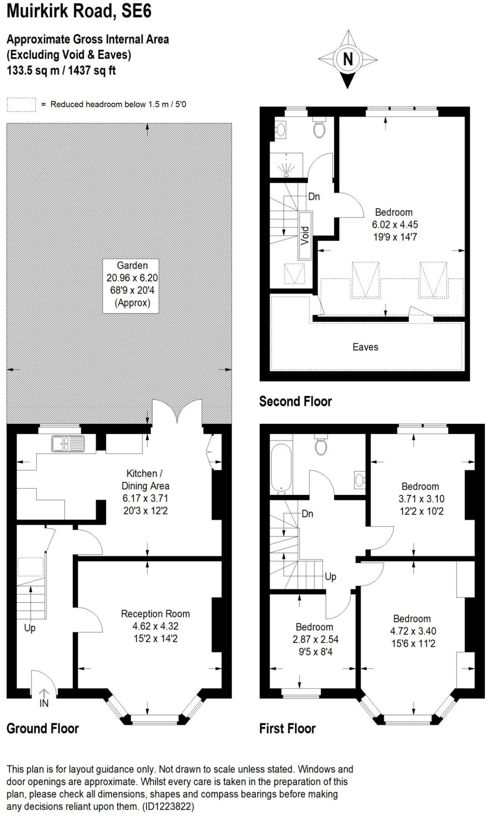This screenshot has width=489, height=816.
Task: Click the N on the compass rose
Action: (x=348, y=60)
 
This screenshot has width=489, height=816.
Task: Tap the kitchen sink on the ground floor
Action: (x=68, y=443)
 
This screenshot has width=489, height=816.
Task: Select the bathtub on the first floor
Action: (x=281, y=468)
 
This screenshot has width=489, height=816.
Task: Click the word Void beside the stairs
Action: (x=305, y=236)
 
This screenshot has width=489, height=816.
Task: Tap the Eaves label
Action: (x=365, y=347)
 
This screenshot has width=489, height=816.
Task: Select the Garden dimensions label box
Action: (x=131, y=286)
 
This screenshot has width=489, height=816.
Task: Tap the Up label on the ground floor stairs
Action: (x=30, y=628)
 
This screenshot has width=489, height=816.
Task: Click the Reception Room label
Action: (x=155, y=614)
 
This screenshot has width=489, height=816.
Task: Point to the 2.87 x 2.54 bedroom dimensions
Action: (x=315, y=639)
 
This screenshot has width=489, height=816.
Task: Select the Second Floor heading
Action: (x=295, y=401)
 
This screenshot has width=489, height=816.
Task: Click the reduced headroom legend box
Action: (x=21, y=104)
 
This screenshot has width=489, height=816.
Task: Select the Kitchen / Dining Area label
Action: (x=145, y=480)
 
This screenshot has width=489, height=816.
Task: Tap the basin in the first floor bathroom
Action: (x=359, y=480)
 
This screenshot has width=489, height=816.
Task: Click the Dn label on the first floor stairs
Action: (x=307, y=514)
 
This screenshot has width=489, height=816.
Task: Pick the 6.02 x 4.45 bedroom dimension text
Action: (x=394, y=225)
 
